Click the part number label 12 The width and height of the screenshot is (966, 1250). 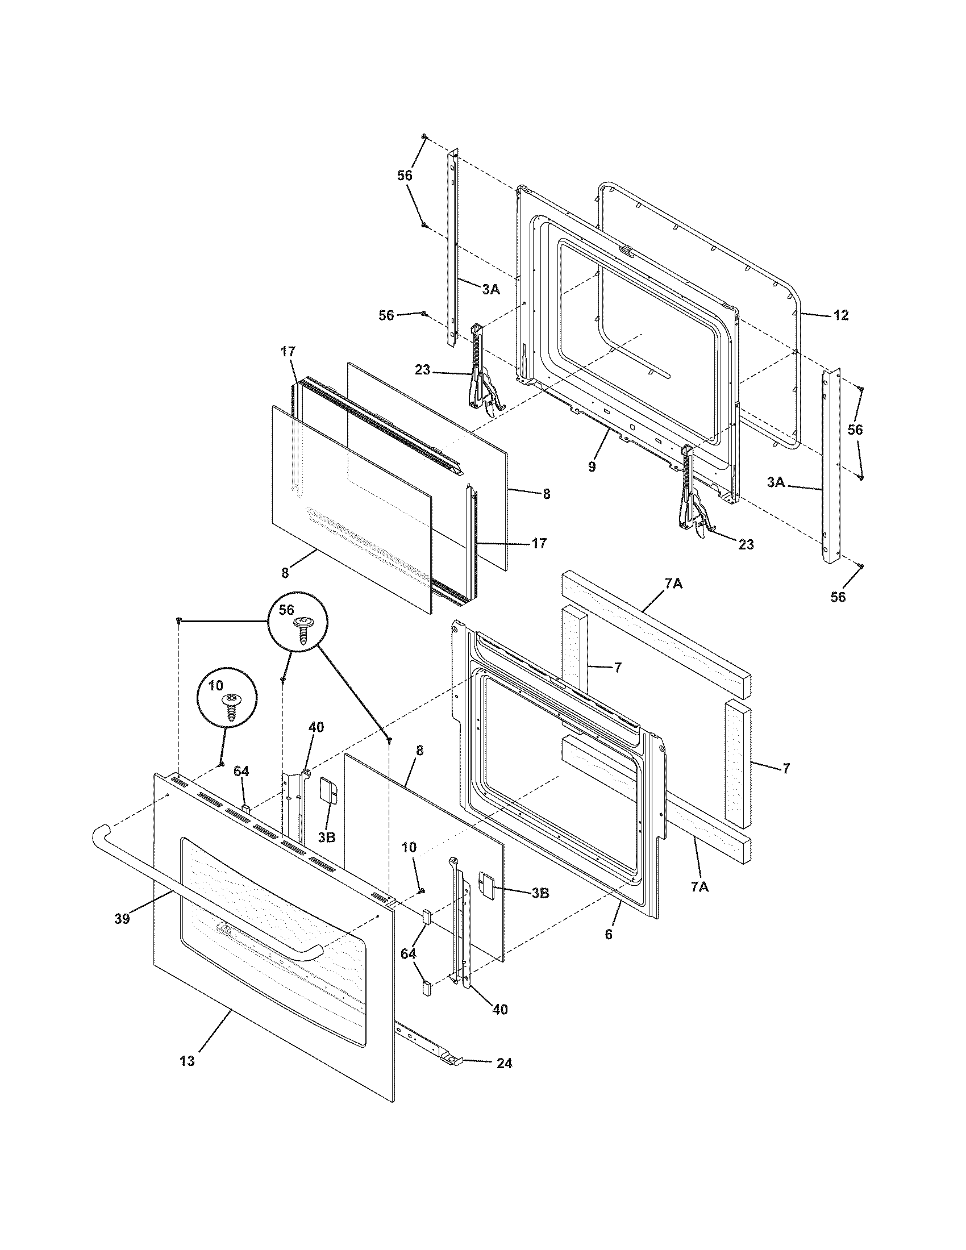840,315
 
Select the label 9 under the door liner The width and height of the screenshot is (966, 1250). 592,466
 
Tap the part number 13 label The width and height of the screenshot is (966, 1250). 187,1061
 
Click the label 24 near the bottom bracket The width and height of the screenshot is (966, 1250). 504,1064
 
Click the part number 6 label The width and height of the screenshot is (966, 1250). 609,935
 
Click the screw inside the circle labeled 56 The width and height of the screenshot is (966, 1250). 302,631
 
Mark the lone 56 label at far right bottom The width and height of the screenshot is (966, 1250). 838,597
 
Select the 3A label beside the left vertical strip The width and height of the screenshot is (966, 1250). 490,290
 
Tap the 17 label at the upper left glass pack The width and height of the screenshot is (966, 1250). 288,351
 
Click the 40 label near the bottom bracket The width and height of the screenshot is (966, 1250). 500,1010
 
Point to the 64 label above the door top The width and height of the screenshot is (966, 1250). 241,772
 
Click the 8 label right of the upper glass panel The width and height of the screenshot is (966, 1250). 546,494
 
